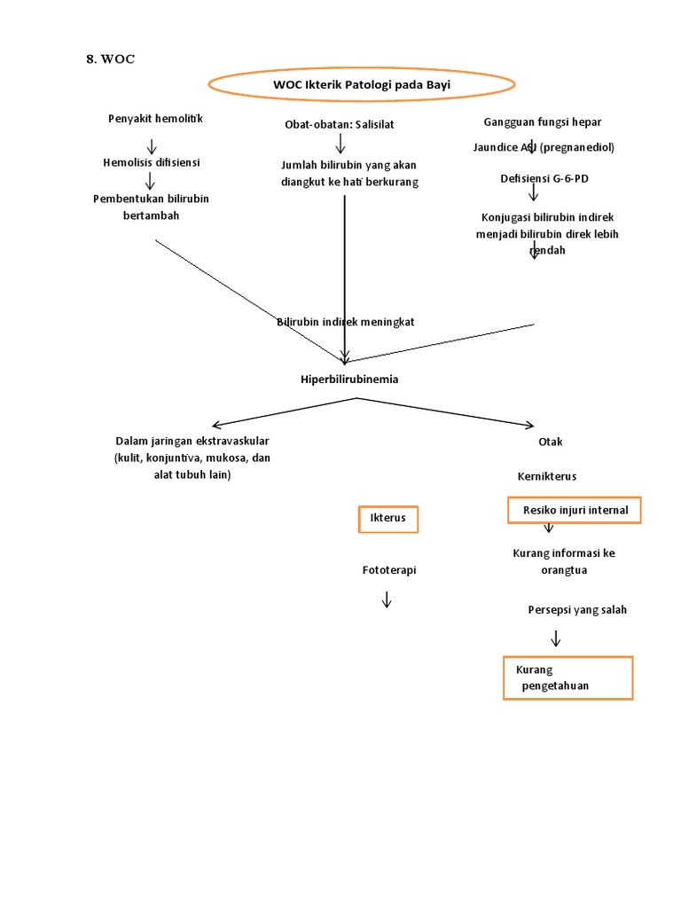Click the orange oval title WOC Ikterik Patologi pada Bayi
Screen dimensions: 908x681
(x=362, y=84)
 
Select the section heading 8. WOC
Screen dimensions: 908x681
(x=111, y=59)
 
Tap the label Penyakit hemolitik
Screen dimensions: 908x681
(x=155, y=119)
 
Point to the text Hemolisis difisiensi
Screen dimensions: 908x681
(x=152, y=162)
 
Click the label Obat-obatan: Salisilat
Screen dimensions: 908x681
(x=339, y=124)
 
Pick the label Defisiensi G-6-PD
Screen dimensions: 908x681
(x=544, y=178)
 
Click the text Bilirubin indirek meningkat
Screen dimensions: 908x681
(x=345, y=322)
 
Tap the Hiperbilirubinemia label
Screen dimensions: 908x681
(x=349, y=380)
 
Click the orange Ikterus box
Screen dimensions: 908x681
(x=387, y=518)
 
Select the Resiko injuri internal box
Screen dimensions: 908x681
(x=575, y=511)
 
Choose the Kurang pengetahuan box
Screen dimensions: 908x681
(x=567, y=678)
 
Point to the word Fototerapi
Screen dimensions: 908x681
(x=388, y=570)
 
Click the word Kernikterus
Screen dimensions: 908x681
(x=547, y=476)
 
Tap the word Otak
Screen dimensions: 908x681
(x=550, y=442)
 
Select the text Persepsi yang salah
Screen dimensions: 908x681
(x=576, y=610)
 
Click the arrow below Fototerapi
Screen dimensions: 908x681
(x=387, y=599)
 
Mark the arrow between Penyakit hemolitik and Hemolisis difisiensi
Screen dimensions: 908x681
(x=152, y=146)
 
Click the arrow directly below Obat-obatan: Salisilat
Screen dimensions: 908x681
(x=340, y=144)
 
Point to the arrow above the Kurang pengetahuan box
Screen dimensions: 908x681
(x=556, y=638)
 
